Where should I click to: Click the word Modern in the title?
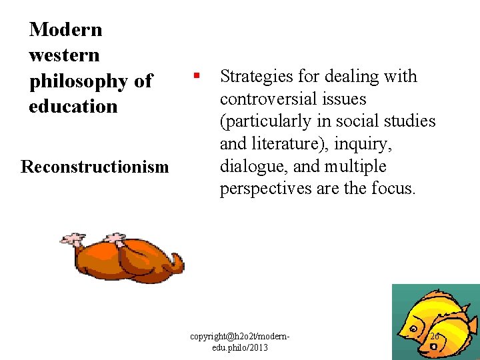point(65,29)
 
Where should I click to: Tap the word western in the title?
point(64,55)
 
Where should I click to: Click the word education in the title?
point(73,106)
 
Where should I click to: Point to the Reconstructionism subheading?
point(95,166)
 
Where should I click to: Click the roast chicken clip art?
point(123,258)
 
